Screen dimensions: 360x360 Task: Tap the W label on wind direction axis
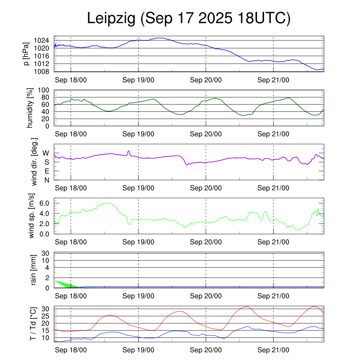click(46, 153)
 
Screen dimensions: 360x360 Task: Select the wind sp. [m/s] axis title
click(32, 216)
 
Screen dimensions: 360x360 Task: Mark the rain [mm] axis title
click(34, 270)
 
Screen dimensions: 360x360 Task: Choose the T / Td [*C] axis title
click(33, 323)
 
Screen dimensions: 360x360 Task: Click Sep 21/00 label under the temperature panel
click(273, 350)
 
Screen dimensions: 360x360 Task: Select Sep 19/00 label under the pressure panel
click(138, 80)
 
